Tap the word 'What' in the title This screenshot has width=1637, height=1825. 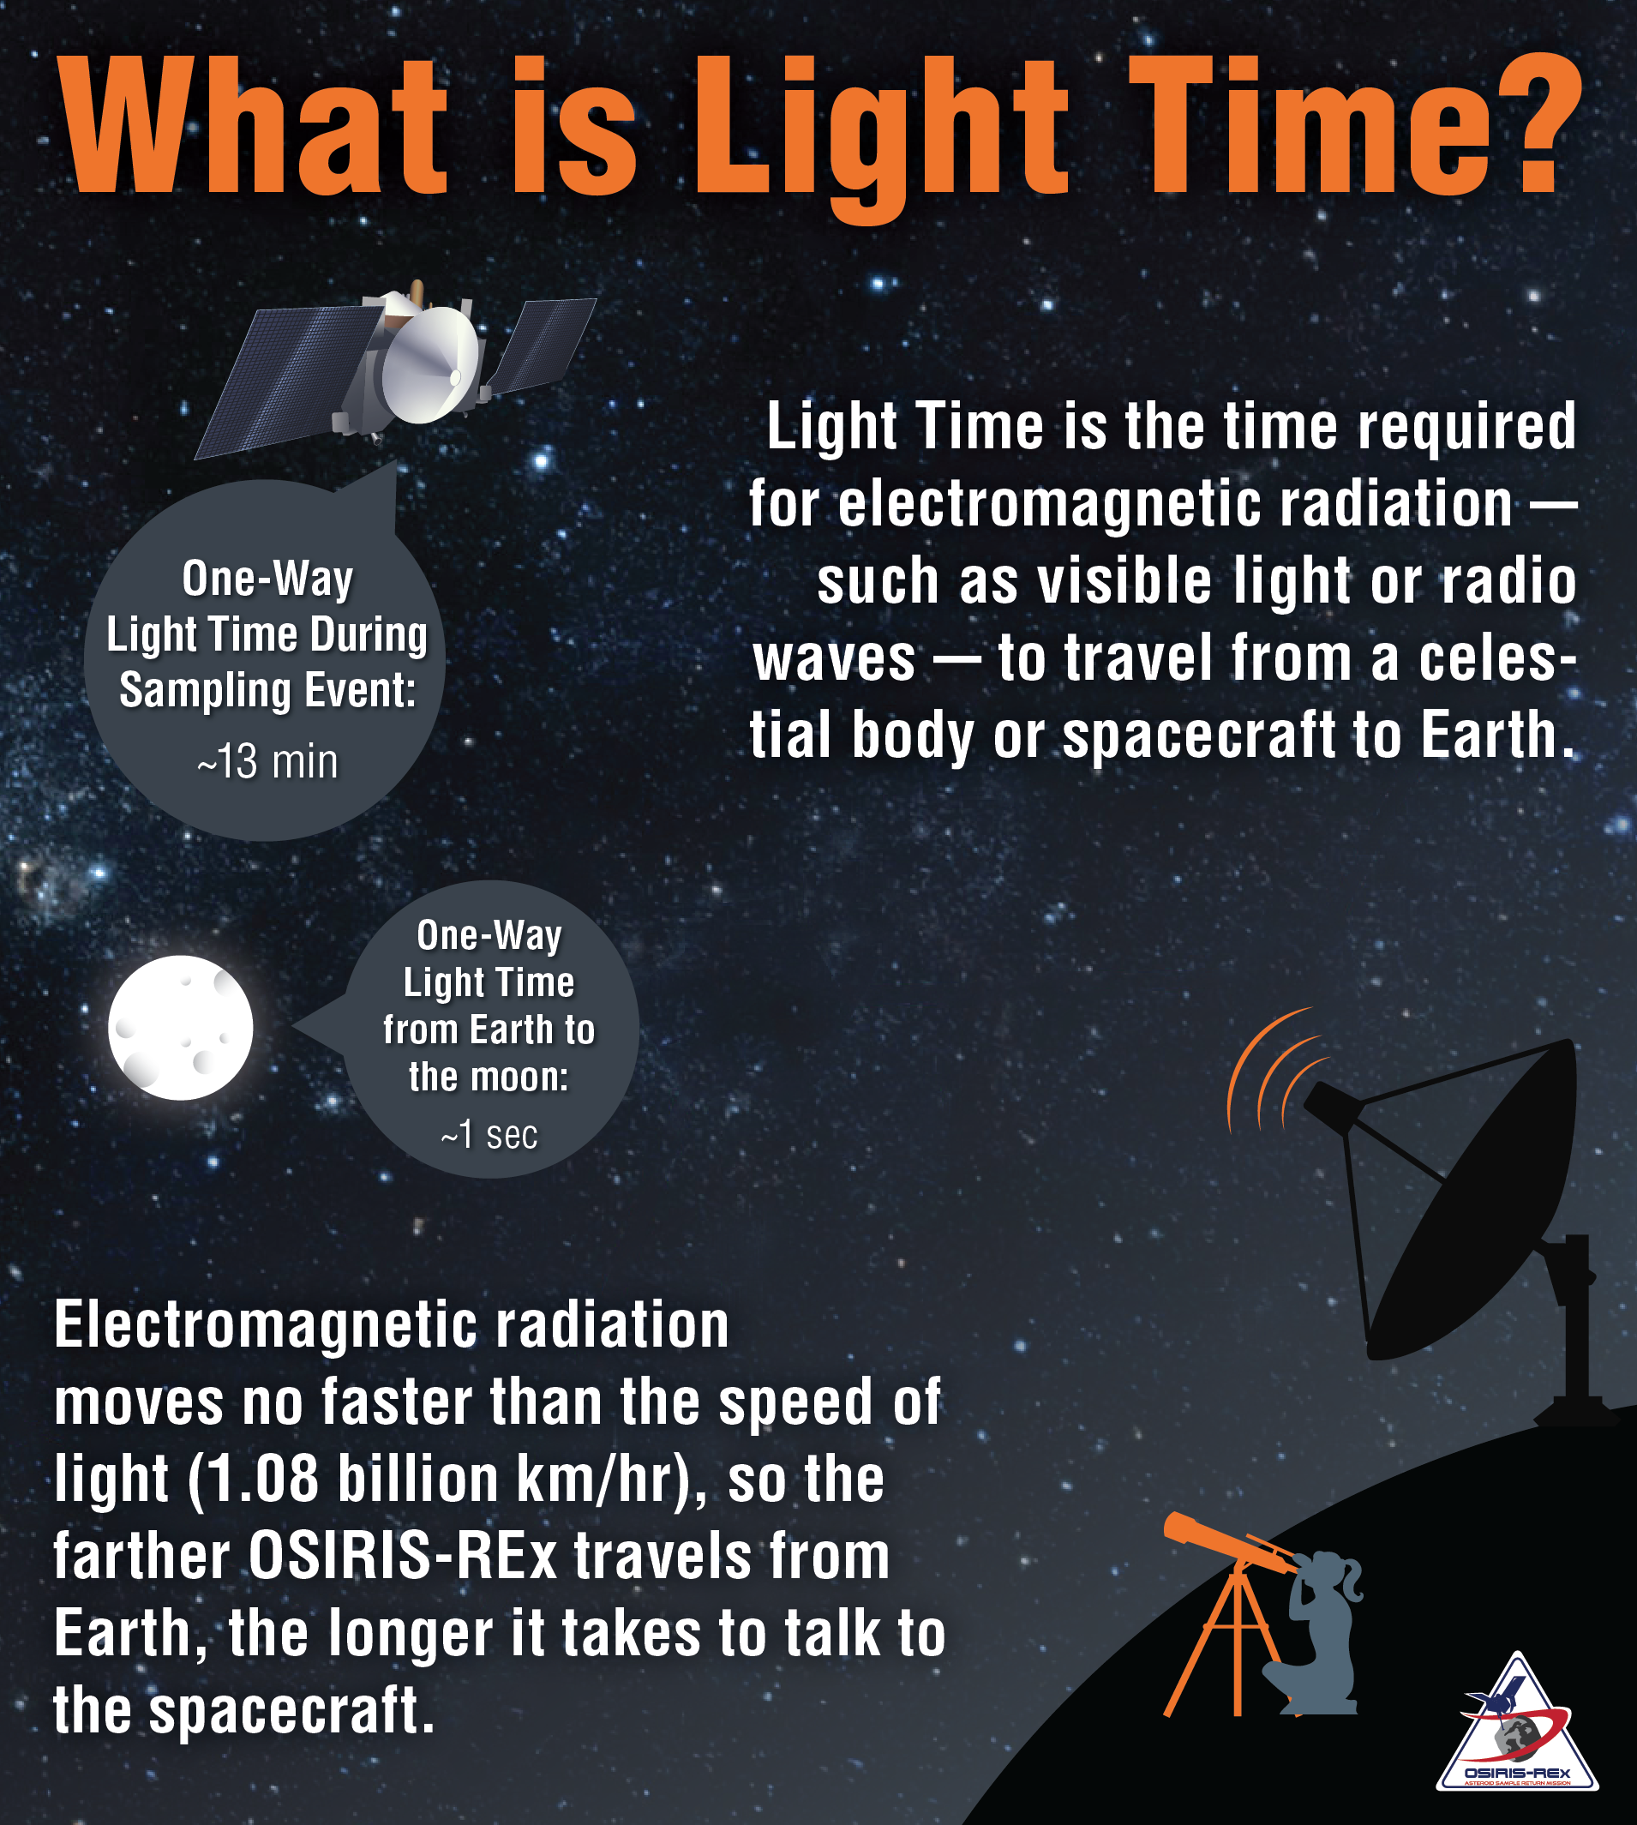coord(253,123)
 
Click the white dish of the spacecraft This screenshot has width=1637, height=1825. coord(431,363)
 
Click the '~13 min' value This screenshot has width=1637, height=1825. coord(267,762)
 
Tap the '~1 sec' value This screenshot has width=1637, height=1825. coord(489,1135)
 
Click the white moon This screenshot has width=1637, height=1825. coord(181,1027)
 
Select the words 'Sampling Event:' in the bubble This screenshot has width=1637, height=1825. coord(268,691)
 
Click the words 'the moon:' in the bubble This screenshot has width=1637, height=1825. coord(489,1077)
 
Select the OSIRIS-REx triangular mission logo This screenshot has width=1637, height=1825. coord(1517,1723)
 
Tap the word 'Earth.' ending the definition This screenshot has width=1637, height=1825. coord(1497,735)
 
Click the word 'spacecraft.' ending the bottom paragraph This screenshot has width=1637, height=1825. coord(291,1711)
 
